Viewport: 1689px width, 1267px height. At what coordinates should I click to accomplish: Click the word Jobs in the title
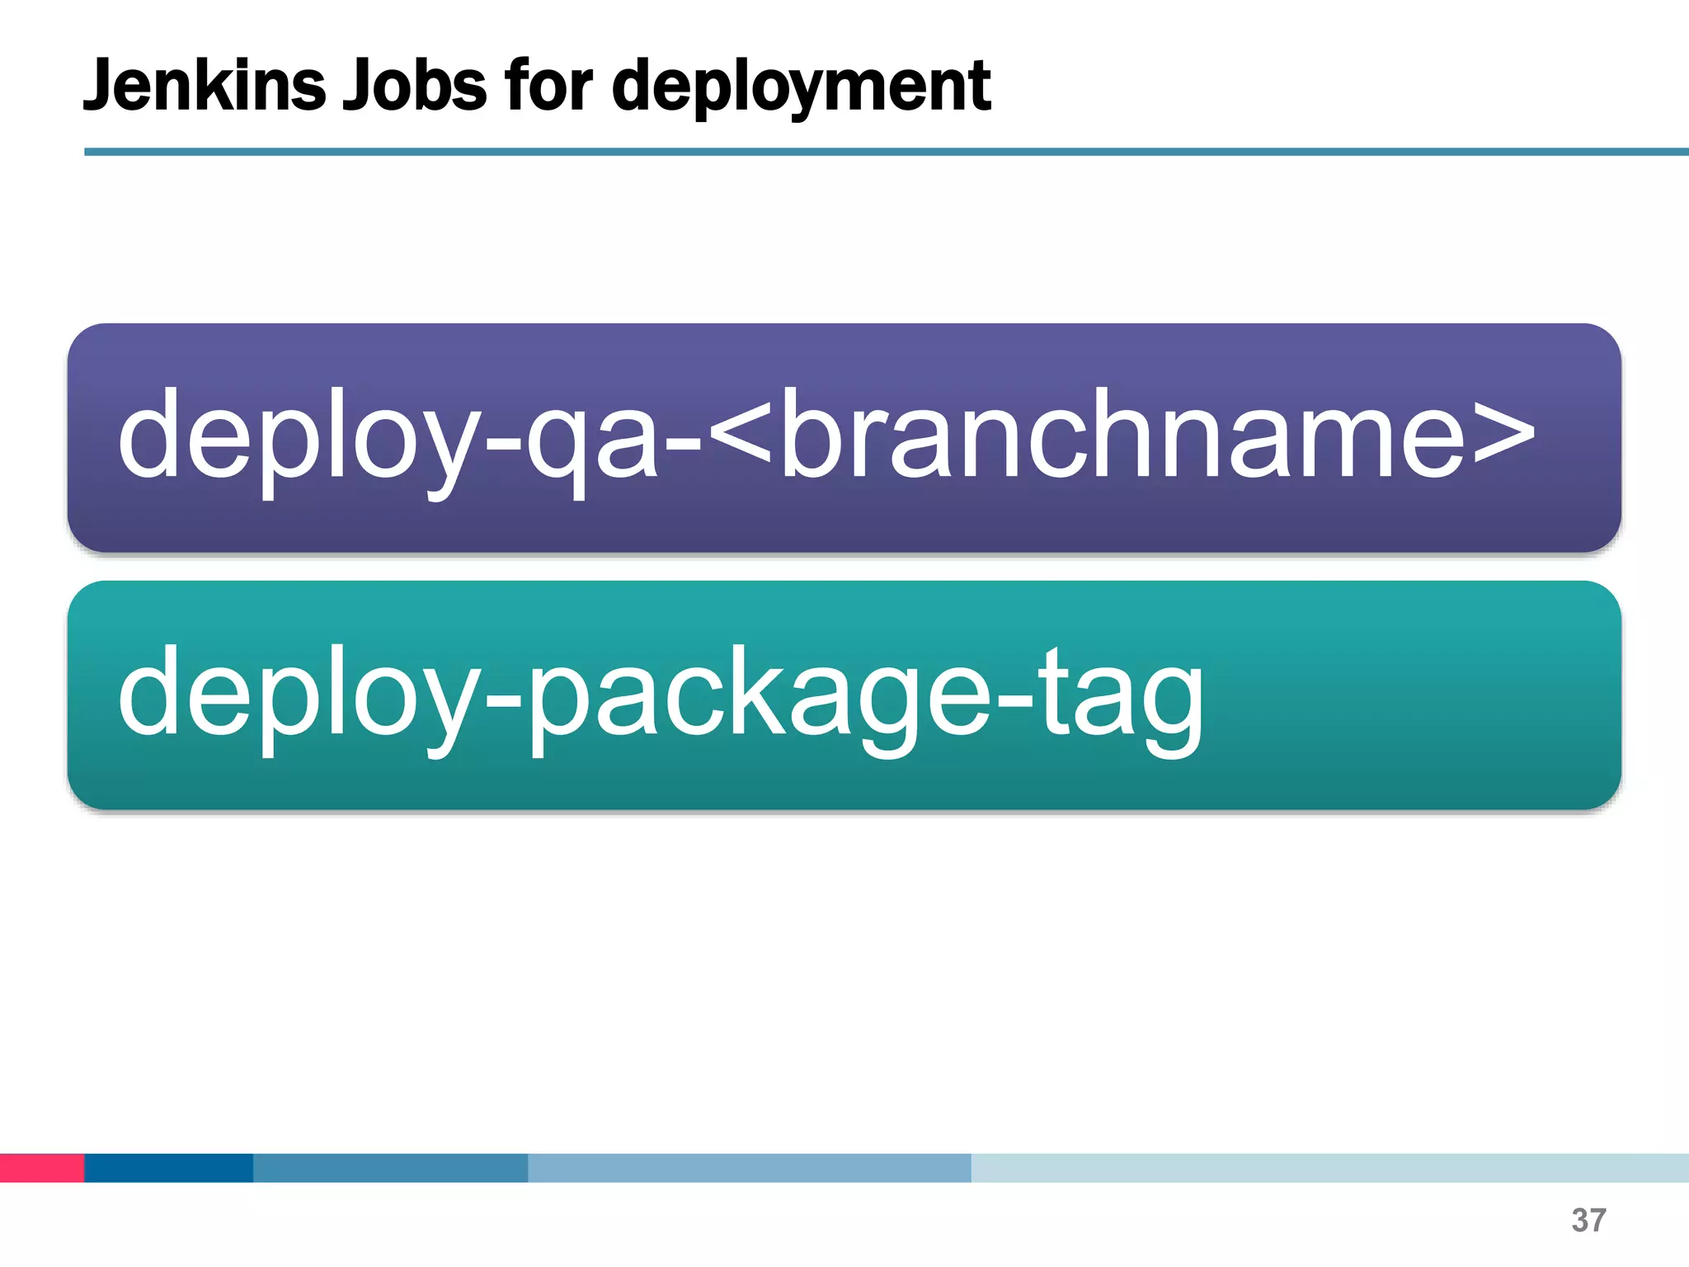tap(415, 86)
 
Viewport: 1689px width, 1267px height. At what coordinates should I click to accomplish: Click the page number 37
tap(1588, 1221)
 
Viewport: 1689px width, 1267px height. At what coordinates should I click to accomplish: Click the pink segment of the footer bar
tap(41, 1167)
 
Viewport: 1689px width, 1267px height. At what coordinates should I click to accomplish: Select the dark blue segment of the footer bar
tap(168, 1167)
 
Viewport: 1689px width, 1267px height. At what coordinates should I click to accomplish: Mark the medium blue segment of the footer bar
tap(390, 1167)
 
